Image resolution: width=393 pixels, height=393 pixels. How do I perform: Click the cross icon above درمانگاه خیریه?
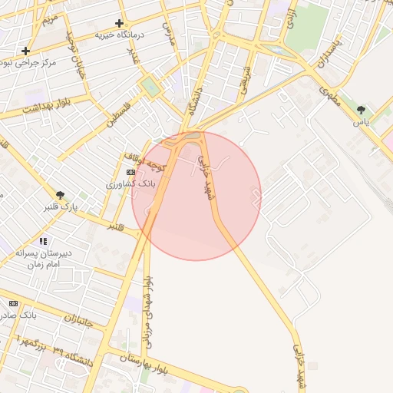coord(119,24)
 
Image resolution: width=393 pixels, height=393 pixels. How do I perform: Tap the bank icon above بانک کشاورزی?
coord(130,173)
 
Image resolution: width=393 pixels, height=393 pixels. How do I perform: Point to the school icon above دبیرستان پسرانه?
coord(43,241)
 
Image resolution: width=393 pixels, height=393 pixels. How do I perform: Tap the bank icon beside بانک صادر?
coord(13,303)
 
